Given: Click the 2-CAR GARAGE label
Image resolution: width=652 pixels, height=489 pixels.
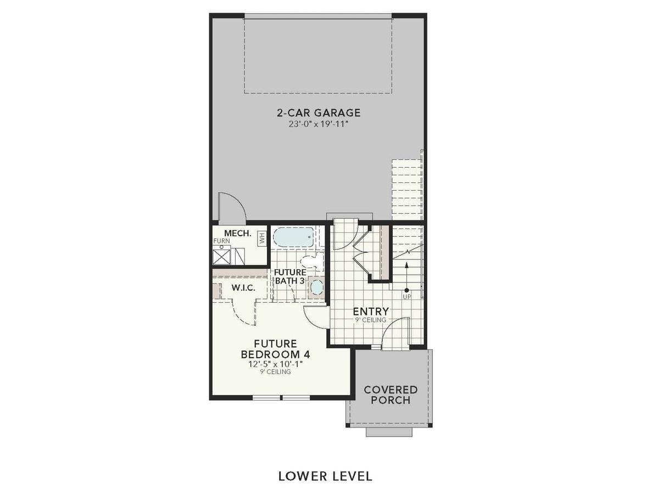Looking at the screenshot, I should click(318, 113).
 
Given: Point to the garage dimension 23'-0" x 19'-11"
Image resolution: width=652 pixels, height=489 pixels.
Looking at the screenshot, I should click(318, 124).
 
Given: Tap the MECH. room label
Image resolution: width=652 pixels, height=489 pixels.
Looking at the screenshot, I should click(237, 234).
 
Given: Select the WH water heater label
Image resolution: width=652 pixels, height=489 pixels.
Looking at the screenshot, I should click(262, 238).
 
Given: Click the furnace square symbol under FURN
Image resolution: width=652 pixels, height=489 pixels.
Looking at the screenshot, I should click(221, 255).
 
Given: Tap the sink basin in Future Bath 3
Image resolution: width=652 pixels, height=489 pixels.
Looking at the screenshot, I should click(316, 287).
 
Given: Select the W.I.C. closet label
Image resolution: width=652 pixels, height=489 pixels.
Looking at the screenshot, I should click(242, 288).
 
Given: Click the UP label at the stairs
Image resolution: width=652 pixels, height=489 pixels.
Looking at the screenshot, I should click(406, 297).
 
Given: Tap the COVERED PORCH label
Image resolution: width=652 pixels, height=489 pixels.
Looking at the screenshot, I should click(391, 394).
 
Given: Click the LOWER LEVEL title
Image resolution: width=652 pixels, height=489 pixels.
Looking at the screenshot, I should click(325, 475).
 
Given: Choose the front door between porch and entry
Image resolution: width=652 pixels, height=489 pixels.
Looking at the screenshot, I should click(394, 335).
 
